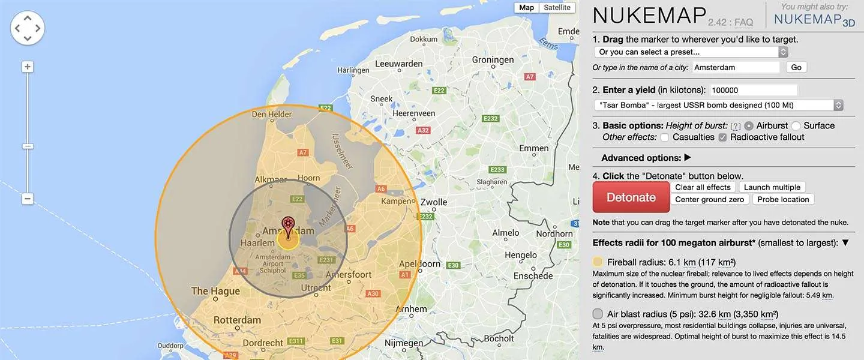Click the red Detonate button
coord(631,197)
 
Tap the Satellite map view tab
coord(557,8)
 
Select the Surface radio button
coord(796,126)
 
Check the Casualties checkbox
coord(665,137)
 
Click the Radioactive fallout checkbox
coord(722,137)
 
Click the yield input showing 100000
coord(753,90)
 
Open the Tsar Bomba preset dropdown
coord(718,105)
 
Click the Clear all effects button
coord(703,187)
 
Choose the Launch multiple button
coord(772,187)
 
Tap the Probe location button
coord(783,199)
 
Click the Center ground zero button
coord(709,199)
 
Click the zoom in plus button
coord(28,67)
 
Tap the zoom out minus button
coord(28,199)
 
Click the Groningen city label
coord(493,60)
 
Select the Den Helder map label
coord(272,114)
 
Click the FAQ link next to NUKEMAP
coord(743,22)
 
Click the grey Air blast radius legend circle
coord(598,314)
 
